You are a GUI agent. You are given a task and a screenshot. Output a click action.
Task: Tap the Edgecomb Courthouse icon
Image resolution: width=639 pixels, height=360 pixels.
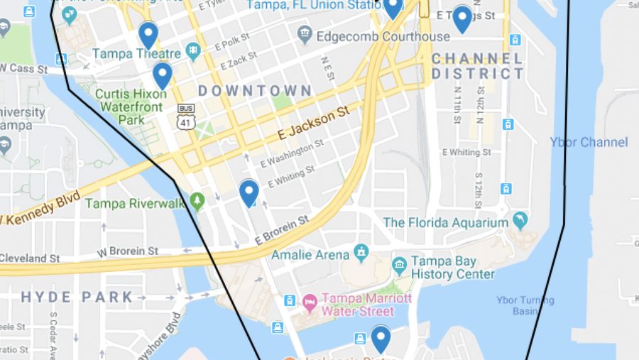[305, 33]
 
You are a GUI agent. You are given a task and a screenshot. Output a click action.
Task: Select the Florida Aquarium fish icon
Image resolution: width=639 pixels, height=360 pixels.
[520, 221]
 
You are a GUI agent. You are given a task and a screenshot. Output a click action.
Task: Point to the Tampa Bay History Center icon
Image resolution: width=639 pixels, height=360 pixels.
[399, 266]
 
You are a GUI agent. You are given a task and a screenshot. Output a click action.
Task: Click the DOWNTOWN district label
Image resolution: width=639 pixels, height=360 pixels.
[255, 91]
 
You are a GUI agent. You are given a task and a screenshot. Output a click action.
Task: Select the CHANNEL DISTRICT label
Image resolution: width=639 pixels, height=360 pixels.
[477, 66]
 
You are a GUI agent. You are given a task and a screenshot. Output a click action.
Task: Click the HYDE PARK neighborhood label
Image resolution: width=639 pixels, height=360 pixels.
[77, 297]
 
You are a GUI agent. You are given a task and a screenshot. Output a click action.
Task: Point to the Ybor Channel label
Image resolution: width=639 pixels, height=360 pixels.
[589, 142]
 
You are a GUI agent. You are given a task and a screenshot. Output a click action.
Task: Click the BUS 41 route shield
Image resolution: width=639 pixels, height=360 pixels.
[186, 117]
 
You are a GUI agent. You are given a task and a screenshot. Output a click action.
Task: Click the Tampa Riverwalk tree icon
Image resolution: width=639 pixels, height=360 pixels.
[197, 201]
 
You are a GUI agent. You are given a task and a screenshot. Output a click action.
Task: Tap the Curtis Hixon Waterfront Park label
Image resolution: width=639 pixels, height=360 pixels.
[121, 107]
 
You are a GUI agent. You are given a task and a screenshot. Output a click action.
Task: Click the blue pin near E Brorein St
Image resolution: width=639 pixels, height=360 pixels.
[248, 192]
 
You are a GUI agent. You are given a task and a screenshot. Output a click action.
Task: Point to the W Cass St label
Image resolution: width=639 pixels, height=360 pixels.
[23, 69]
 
